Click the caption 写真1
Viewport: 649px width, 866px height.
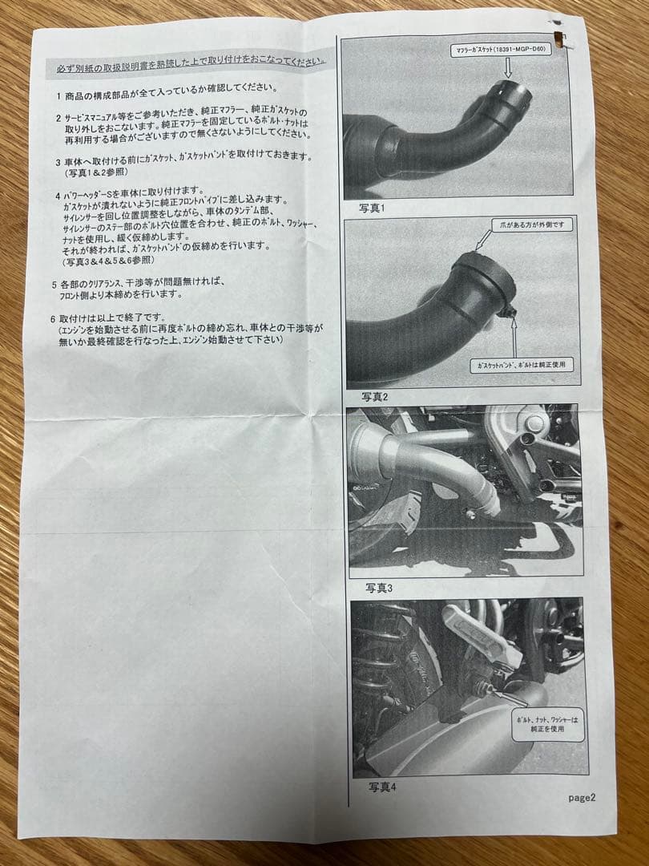pos(372,208)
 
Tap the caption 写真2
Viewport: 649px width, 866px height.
pos(373,396)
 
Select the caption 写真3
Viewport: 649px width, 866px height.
pos(380,588)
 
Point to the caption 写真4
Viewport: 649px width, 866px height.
pos(382,786)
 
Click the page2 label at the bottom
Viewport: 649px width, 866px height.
pos(582,797)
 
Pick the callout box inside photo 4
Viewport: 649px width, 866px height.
pos(547,725)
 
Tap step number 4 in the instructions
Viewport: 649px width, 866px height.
pos(58,195)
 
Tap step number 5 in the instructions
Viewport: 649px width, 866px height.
pos(54,284)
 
